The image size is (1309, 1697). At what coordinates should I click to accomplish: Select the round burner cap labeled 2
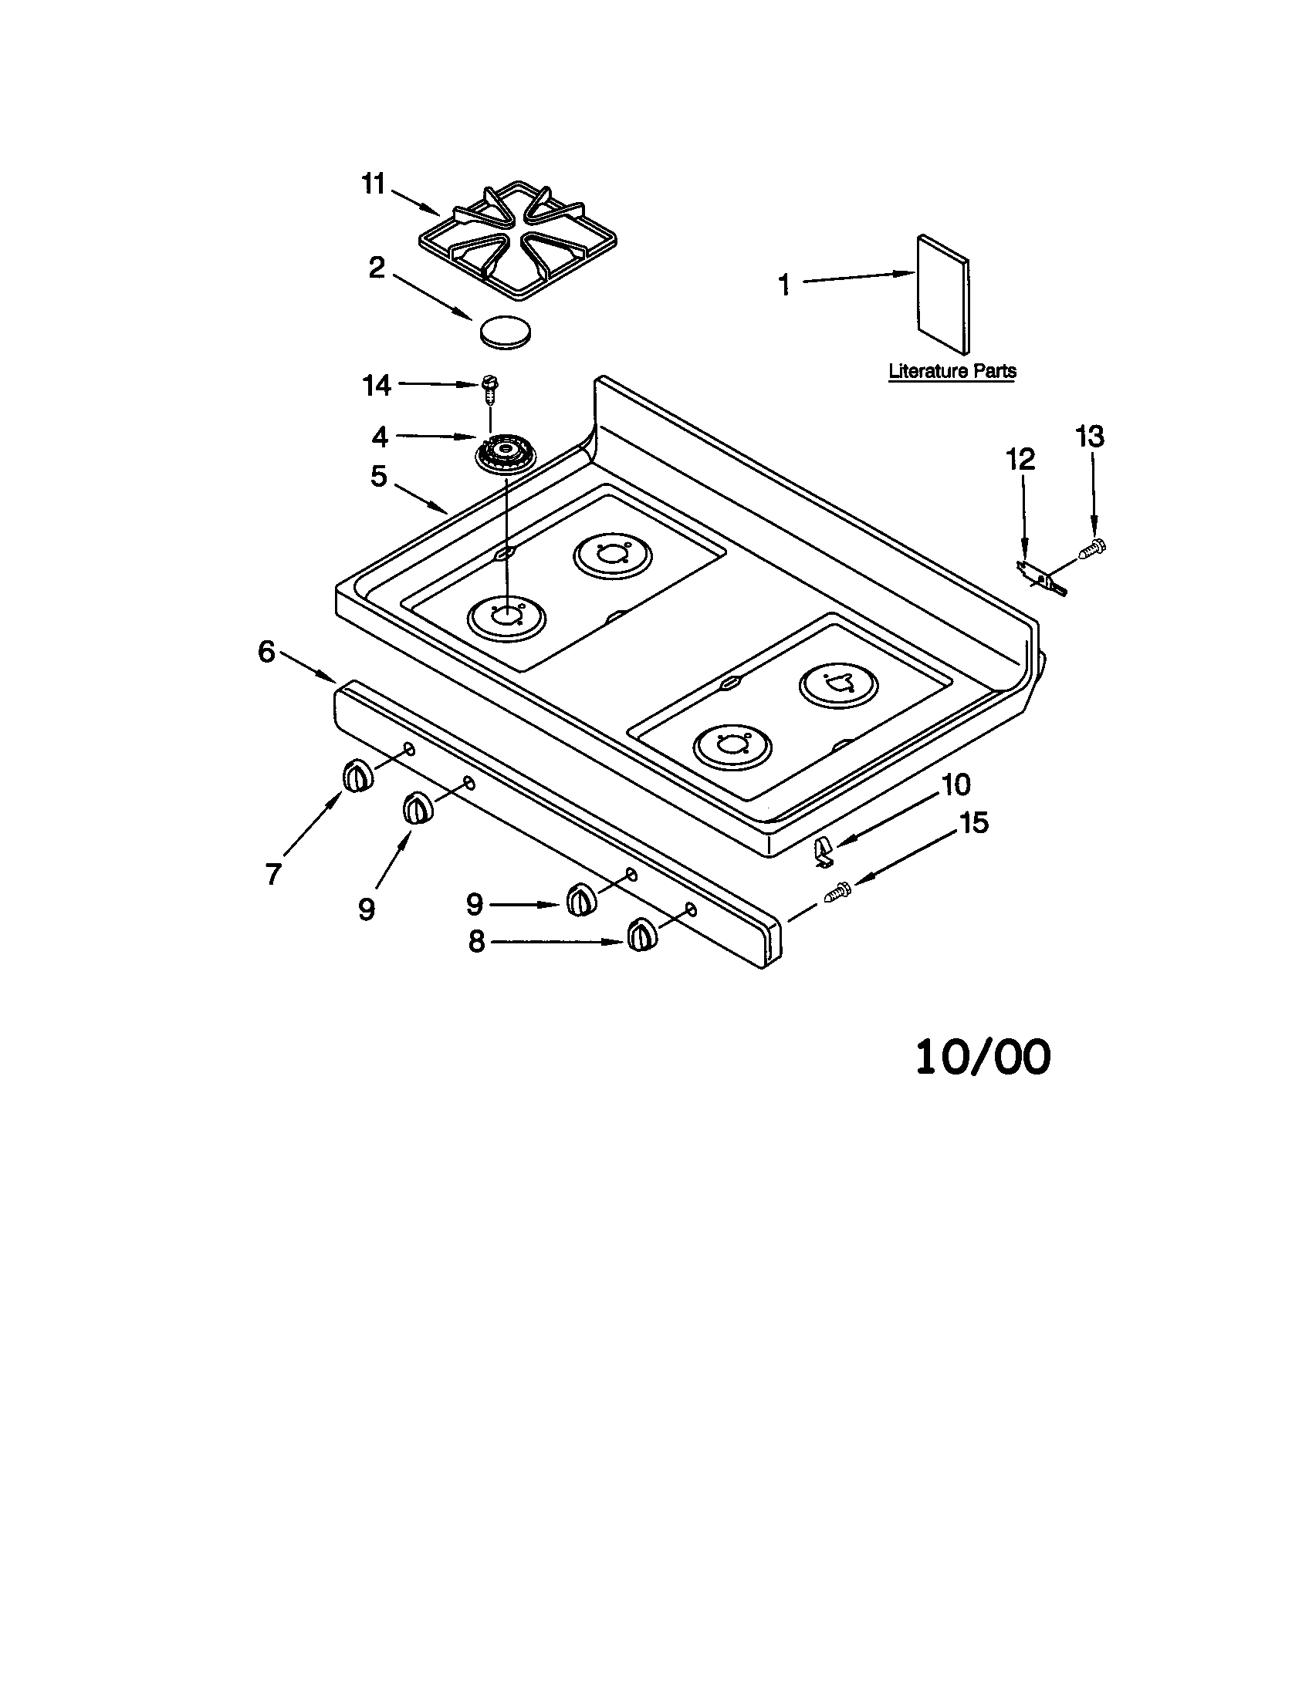coord(506,332)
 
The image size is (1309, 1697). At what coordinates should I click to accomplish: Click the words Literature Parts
coord(952,372)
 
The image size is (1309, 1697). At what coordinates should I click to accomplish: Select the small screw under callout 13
coord(1092,549)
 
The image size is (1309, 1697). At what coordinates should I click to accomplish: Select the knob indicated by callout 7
coord(357,776)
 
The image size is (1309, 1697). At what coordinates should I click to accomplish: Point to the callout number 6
coord(266,652)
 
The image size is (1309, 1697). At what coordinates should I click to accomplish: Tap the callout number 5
coord(378,475)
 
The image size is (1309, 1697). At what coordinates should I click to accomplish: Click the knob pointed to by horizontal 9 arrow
coord(581,899)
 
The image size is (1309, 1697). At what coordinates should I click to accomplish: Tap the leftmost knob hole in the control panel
coord(409,749)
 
